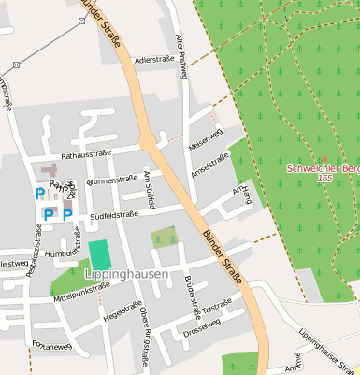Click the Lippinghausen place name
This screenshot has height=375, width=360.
[126, 275]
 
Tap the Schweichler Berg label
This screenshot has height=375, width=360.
[324, 168]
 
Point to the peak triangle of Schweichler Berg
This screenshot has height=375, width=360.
[324, 158]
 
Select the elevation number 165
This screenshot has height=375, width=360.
[324, 178]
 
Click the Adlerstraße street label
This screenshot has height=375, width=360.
[154, 60]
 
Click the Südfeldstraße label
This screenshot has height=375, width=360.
[114, 214]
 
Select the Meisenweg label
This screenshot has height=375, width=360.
[206, 141]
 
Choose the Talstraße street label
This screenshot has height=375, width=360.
[217, 304]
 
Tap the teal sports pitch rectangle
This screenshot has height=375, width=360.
[98, 253]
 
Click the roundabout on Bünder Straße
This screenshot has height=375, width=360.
[147, 140]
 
